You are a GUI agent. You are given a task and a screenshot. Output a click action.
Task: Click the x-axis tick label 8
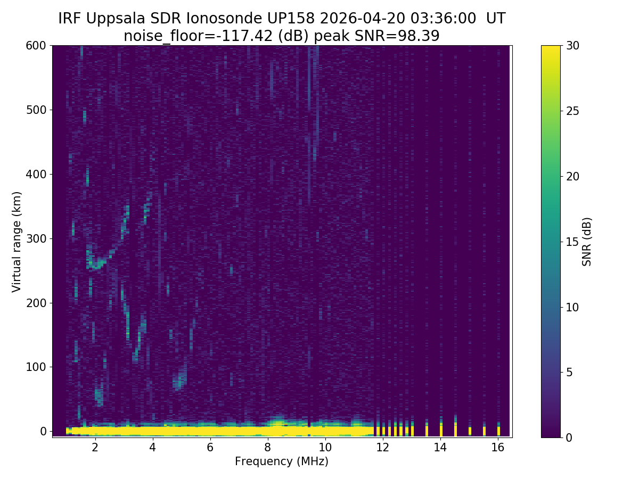click(267, 447)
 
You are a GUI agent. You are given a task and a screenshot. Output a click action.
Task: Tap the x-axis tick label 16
click(498, 447)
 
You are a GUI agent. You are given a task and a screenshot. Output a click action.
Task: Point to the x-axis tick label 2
click(95, 447)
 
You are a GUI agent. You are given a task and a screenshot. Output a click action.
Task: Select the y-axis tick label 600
click(37, 46)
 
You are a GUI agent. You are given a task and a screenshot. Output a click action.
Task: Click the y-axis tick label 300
click(37, 238)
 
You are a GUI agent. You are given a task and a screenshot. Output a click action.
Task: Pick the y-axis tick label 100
click(37, 367)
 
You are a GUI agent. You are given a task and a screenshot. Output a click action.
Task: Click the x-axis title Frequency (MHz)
click(282, 461)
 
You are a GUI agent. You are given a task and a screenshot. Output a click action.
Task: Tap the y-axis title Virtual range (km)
click(17, 242)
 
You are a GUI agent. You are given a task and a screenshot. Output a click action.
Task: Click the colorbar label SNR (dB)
click(587, 242)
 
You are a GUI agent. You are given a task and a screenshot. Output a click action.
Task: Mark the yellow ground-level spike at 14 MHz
click(441, 430)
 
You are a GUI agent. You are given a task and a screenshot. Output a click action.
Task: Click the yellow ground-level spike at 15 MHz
click(470, 431)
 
